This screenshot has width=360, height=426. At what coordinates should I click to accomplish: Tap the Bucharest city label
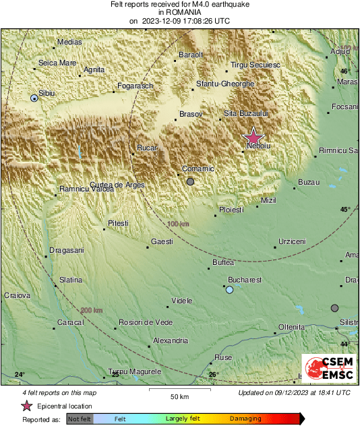pyautogui.click(x=245, y=279)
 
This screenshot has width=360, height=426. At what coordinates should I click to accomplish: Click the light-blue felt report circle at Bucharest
pyautogui.click(x=230, y=290)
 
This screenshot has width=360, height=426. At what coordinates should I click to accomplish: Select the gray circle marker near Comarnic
pyautogui.click(x=191, y=181)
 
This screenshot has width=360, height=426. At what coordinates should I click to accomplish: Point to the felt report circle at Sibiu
pyautogui.click(x=34, y=98)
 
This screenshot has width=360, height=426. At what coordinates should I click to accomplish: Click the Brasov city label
pyautogui.click(x=191, y=114)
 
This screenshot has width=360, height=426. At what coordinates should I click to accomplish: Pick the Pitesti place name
pyautogui.click(x=118, y=223)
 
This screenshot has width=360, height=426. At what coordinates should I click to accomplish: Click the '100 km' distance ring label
pyautogui.click(x=178, y=224)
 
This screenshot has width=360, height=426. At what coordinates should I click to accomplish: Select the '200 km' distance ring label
pyautogui.click(x=92, y=310)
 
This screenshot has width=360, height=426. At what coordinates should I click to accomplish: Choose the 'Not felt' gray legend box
pyautogui.click(x=80, y=419)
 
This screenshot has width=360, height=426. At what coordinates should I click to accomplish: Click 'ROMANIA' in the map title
pyautogui.click(x=179, y=12)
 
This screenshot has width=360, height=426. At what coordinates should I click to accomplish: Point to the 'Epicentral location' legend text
pyautogui.click(x=65, y=406)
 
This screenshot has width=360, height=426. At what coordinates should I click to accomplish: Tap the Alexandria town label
pyautogui.click(x=171, y=341)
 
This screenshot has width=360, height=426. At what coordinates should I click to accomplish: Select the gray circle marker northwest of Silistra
pyautogui.click(x=334, y=308)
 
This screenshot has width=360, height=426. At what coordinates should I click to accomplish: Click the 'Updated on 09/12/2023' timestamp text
pyautogui.click(x=294, y=392)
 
